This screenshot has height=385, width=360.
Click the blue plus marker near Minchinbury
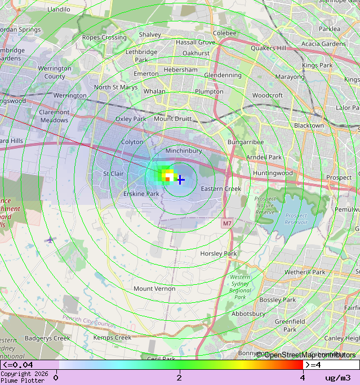click(180, 180)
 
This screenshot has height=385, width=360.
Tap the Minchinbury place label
click(184, 151)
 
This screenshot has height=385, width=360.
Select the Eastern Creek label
click(221, 189)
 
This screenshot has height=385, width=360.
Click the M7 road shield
click(226, 223)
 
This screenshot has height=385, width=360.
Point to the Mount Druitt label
click(172, 119)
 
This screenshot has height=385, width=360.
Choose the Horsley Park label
click(219, 254)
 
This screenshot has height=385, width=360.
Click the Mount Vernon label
click(154, 289)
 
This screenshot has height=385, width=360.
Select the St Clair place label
click(113, 174)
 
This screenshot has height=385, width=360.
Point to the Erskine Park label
click(141, 194)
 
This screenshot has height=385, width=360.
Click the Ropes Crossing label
click(104, 38)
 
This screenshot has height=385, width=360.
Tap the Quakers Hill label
click(268, 48)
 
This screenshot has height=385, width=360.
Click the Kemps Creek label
click(112, 338)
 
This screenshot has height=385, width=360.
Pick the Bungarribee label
click(246, 142)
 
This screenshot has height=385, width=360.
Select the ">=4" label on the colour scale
click(313, 365)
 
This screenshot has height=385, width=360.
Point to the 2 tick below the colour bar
click(179, 378)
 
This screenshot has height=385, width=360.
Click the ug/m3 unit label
click(338, 378)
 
